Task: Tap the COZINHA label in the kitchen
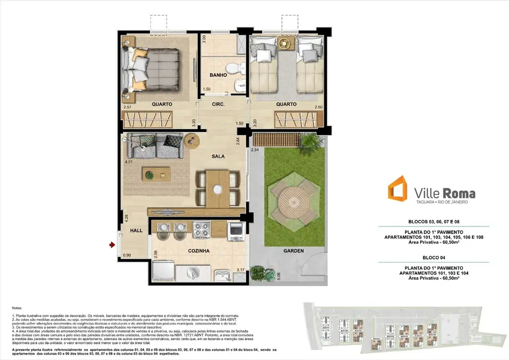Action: coord(199,251)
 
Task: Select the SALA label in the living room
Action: coord(218,156)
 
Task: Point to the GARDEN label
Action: coord(294,251)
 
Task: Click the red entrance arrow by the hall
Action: coord(112,244)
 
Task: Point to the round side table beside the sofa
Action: coord(192,141)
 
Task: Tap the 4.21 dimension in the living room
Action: coord(129,162)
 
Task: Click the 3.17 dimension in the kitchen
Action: coord(240,270)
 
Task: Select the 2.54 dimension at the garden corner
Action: coord(255,150)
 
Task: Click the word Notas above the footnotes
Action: coord(18,307)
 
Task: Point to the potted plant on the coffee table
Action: coord(150,175)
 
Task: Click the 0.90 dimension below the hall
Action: coord(127,255)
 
